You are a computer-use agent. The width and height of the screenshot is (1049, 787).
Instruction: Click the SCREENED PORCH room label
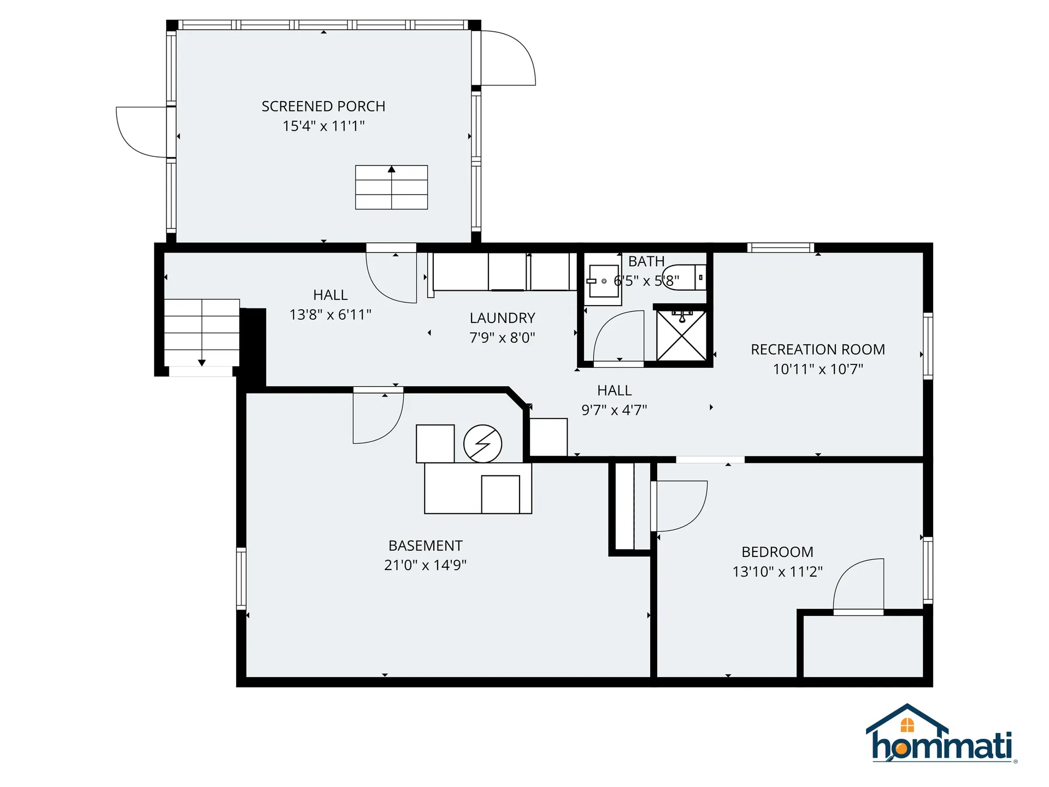[323, 106]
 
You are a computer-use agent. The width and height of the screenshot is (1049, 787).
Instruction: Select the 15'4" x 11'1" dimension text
[323, 126]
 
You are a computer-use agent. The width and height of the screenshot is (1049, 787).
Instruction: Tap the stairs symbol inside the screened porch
[391, 187]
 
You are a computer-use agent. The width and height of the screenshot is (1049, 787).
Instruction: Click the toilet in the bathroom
[684, 277]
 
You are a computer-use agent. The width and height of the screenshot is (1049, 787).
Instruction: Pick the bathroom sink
[603, 281]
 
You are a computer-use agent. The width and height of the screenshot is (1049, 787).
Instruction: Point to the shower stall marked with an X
[681, 336]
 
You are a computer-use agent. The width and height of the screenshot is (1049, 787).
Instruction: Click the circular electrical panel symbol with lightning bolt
[482, 444]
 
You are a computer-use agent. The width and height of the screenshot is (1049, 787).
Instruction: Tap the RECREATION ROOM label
[817, 349]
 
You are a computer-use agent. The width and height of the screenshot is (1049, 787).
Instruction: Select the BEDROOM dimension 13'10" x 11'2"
[777, 572]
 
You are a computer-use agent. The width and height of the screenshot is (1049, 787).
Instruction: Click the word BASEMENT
[425, 545]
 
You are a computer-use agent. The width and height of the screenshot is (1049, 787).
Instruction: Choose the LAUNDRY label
[502, 318]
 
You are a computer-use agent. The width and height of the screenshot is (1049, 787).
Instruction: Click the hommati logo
[941, 736]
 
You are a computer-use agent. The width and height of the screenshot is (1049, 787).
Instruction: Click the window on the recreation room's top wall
[780, 248]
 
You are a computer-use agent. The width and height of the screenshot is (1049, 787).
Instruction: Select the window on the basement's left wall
[241, 578]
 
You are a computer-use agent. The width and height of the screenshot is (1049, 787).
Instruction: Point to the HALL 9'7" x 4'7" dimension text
[614, 410]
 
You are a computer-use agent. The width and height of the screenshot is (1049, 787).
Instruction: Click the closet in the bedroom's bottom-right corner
[863, 645]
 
